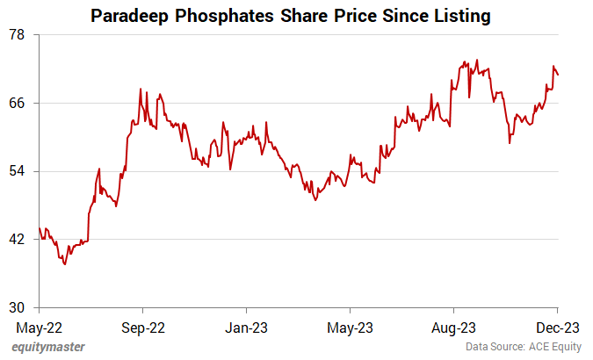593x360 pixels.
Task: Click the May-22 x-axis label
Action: [39, 327]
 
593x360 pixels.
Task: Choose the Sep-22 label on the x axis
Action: [142, 327]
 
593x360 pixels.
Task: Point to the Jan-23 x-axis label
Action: [246, 327]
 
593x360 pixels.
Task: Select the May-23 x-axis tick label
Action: [350, 327]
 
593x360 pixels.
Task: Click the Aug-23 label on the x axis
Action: [453, 327]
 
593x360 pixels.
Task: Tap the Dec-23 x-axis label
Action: [557, 327]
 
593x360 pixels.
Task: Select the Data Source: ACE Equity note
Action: [524, 347]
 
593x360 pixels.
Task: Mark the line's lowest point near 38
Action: [65, 263]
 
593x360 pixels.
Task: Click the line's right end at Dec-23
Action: [558, 74]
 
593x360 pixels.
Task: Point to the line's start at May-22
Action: [39, 229]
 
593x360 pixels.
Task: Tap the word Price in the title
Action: [351, 16]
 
